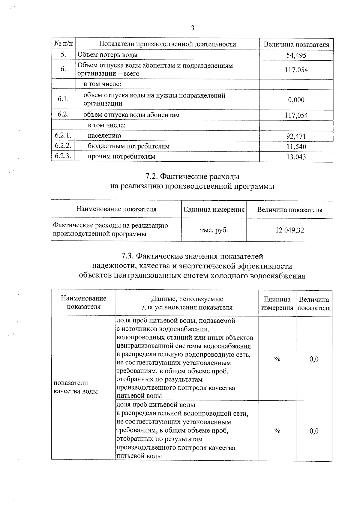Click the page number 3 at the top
192,28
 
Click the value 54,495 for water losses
296,55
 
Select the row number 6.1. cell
63,99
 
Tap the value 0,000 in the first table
296,100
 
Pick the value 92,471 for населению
296,136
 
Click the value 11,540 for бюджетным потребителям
296,147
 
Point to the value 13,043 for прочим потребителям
296,157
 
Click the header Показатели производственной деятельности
167,44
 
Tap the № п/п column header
63,44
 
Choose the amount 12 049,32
289,230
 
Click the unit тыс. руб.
214,230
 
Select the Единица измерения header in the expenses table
214,209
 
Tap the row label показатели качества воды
75,387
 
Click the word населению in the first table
104,136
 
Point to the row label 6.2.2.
63,146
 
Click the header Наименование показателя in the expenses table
116,209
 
